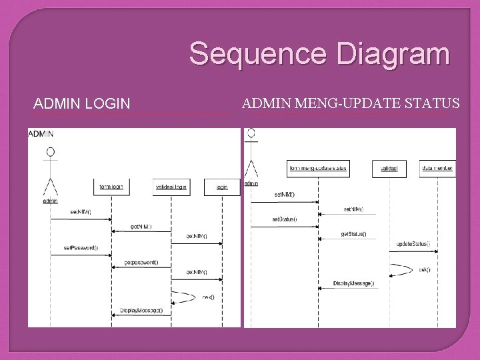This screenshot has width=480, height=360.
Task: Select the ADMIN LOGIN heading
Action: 81,103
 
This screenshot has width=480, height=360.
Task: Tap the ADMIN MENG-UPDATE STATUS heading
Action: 351,103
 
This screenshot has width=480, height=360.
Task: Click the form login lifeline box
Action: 111,187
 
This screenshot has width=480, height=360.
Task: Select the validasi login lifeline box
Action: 171,187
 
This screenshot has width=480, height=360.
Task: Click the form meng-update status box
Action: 318,169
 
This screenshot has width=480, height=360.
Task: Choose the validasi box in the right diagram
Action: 389,169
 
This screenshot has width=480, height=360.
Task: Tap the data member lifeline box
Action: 437,169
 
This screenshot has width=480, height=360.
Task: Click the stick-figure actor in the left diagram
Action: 50,175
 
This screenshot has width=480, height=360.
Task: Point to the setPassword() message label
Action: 81,248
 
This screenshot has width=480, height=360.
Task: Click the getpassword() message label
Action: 141,262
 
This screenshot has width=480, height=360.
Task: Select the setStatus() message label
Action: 284,219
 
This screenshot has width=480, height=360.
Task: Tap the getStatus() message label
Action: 353,234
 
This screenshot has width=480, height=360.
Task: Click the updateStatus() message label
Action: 413,244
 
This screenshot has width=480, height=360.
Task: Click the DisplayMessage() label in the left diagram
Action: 141,310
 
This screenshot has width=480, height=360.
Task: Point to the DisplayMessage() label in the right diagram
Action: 353,283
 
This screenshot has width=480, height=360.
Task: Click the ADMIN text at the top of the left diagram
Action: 41,133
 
